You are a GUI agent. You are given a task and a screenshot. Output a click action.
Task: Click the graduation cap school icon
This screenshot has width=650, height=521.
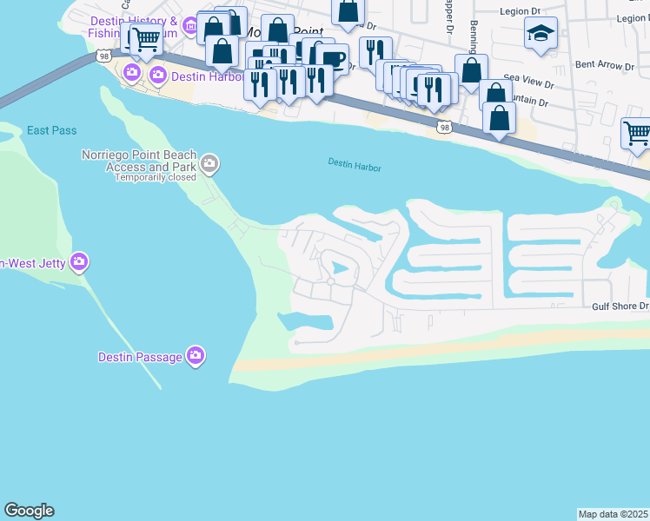pyautogui.click(x=541, y=34)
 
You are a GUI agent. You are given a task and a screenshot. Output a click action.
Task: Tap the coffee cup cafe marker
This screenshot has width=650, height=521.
pyautogui.click(x=332, y=58)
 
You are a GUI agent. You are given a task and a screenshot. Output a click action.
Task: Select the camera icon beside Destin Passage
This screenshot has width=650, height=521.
pyautogui.click(x=196, y=355)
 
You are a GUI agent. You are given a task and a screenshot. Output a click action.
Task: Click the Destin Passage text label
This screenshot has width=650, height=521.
pyautogui.click(x=140, y=356)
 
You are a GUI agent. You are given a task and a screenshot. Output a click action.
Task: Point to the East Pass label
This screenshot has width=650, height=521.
pyautogui.click(x=51, y=130)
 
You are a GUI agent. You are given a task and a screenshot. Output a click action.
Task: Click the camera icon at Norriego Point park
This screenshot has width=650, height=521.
pyautogui.click(x=209, y=162)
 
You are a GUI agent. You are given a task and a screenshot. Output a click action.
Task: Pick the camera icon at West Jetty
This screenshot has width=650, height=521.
pyautogui.click(x=79, y=260)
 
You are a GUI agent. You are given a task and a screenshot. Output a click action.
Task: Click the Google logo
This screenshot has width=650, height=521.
pyautogui.click(x=29, y=511)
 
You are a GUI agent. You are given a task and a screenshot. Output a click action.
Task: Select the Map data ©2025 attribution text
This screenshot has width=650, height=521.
pyautogui.click(x=613, y=514)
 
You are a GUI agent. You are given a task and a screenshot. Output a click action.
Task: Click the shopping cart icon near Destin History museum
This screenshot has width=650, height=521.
pyautogui.click(x=146, y=37)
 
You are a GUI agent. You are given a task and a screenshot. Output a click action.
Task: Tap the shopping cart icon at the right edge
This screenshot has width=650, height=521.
pyautogui.click(x=637, y=132)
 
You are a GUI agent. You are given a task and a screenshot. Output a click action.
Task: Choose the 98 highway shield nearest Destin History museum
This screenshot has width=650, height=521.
pyautogui.click(x=103, y=56)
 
